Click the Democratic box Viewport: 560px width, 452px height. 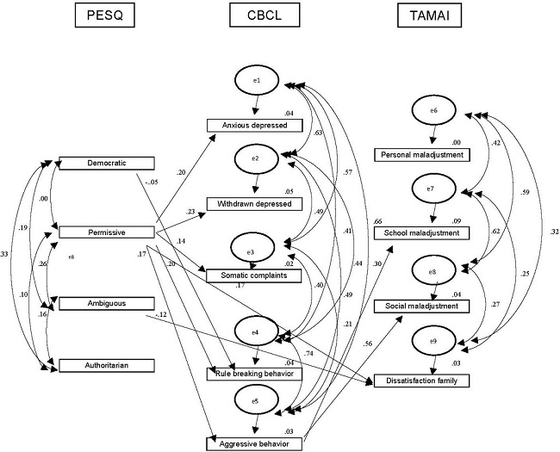105,163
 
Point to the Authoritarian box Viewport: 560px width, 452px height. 105,366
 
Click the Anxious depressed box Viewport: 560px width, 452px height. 256,125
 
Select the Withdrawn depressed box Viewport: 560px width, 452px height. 256,204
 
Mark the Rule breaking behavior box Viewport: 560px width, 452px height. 256,374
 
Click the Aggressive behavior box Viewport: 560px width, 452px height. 256,442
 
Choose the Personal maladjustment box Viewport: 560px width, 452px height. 422,155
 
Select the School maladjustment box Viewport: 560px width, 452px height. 422,232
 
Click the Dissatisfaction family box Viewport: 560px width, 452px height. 422,381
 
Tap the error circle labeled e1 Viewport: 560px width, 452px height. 257,82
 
